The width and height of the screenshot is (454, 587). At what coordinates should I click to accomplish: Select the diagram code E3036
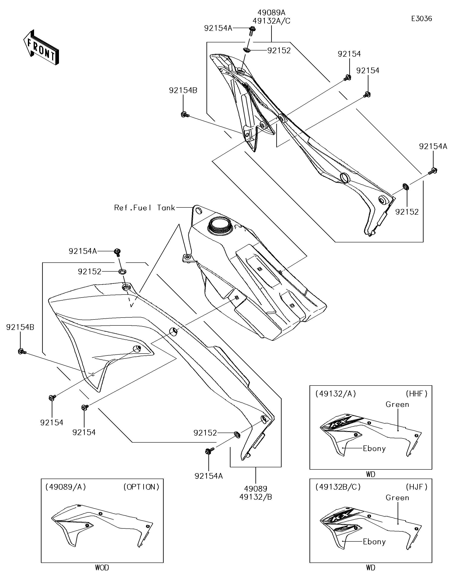pos(421,19)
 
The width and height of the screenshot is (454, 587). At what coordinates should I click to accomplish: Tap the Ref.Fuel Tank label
pos(145,207)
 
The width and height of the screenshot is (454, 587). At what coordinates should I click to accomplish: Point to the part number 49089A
pos(271,13)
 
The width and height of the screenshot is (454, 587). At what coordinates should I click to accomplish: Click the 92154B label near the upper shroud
pos(183,91)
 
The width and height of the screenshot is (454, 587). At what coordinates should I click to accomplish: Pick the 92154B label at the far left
pos(20,327)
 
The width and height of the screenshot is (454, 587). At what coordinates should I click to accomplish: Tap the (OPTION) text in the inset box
pos(141,487)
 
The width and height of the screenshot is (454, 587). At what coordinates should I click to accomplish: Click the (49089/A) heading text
pos(66,487)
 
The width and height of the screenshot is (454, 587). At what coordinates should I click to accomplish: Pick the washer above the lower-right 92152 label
pos(406,186)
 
